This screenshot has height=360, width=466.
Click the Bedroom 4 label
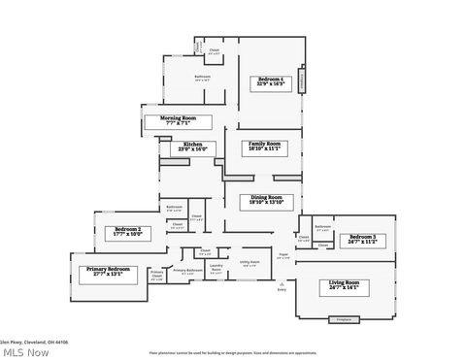click(x=270, y=82)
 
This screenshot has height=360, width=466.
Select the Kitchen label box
click(x=193, y=147)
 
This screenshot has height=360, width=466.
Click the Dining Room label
click(x=265, y=201)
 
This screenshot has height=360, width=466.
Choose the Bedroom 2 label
click(x=127, y=231)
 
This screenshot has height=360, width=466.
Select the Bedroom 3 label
click(x=362, y=239)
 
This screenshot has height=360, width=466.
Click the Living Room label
click(x=344, y=285)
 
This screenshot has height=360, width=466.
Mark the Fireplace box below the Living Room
click(x=342, y=318)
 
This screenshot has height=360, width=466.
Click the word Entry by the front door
click(x=283, y=289)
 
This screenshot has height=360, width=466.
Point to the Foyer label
click(x=283, y=256)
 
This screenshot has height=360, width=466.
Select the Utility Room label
click(x=250, y=262)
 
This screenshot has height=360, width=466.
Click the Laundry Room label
click(x=216, y=268)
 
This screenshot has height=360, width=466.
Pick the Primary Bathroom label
click(x=187, y=271)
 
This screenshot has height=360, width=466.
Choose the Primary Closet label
click(x=156, y=276)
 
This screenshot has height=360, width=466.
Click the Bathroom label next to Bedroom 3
click(x=322, y=228)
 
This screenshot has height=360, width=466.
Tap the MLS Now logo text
click(x=25, y=351)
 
